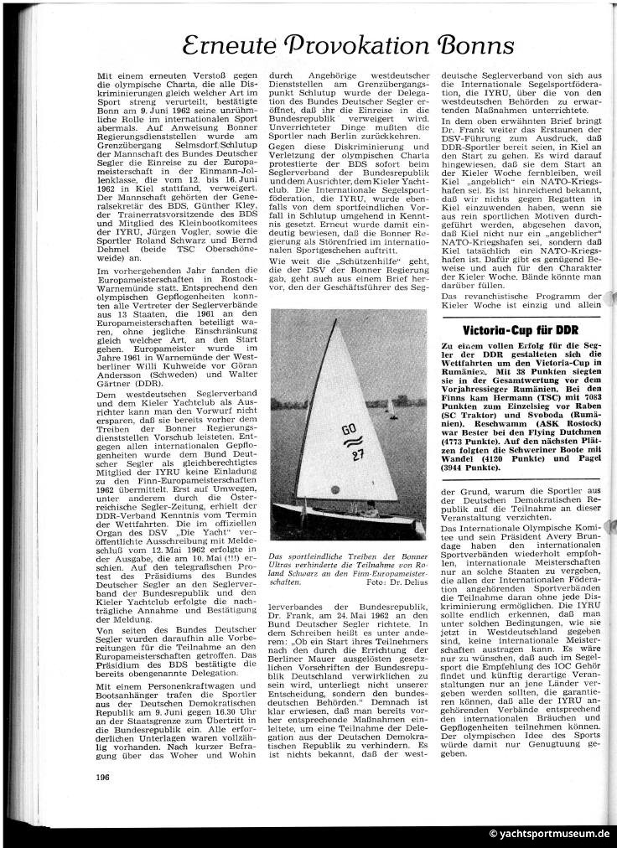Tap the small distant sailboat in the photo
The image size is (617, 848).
(391, 408)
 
